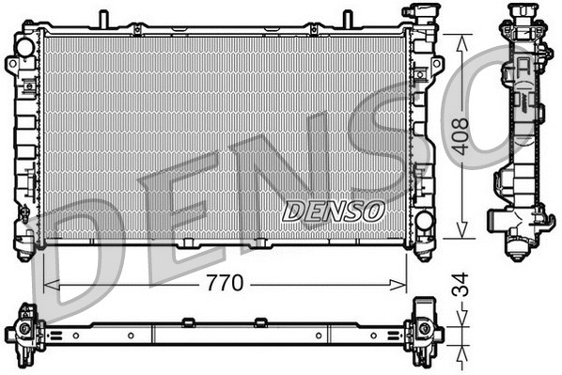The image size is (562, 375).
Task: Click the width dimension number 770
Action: tap(226, 281)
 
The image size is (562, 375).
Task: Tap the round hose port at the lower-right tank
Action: tap(423, 222)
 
